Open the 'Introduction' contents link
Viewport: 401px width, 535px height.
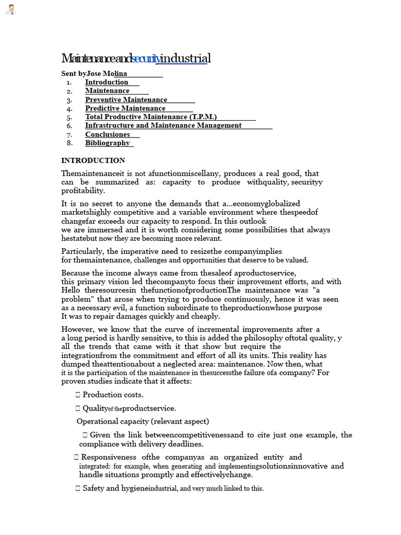point(107,82)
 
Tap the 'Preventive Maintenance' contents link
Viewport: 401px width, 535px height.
point(126,99)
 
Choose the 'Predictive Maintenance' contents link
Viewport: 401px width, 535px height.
point(125,108)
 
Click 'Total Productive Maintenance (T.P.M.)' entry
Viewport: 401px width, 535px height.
point(151,117)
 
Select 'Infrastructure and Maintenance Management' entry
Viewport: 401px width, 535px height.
point(163,125)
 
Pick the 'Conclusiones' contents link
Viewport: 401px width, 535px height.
point(108,134)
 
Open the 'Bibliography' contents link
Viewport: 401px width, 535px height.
point(108,143)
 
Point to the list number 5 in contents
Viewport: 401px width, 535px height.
point(69,117)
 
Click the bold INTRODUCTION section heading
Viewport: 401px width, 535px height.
point(93,160)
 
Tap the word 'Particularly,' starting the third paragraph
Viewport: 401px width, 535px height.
point(82,251)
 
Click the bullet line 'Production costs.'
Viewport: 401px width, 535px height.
point(113,394)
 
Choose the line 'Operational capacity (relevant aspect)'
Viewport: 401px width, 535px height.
point(143,421)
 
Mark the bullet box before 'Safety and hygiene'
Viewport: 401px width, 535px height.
point(78,489)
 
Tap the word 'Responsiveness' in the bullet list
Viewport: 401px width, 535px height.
point(108,457)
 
